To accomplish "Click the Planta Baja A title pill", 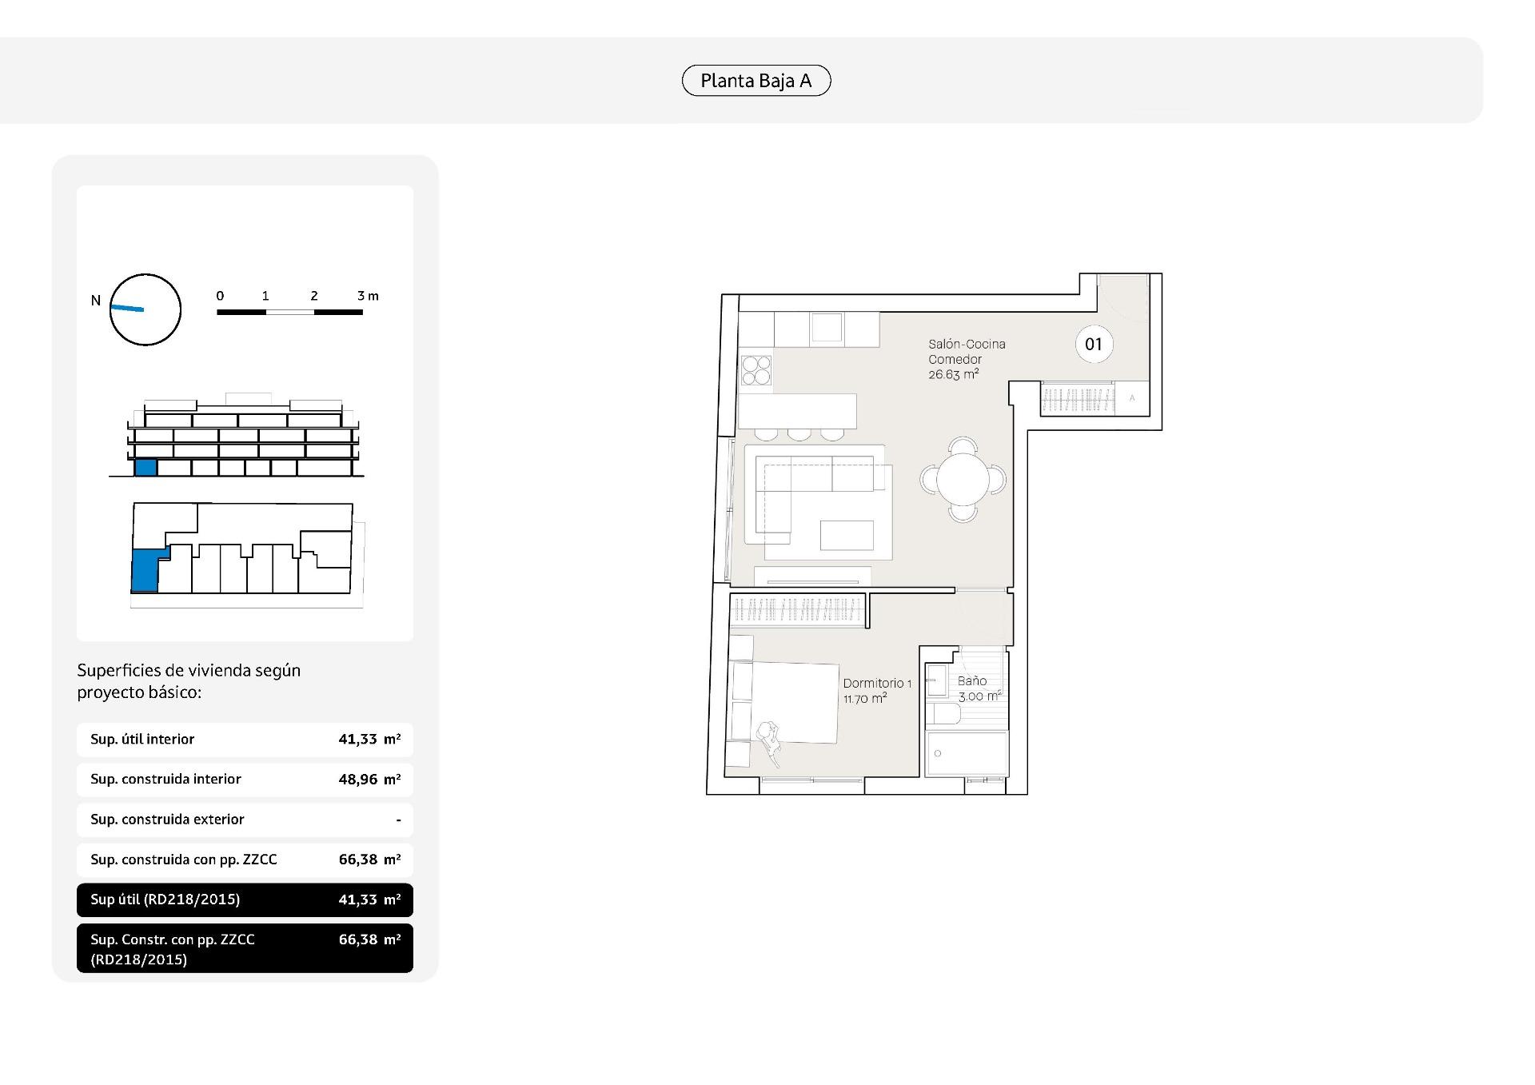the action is click(756, 81).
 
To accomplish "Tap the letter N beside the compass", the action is click(96, 301).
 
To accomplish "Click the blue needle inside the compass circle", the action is click(127, 308).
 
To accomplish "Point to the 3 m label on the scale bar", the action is click(368, 296).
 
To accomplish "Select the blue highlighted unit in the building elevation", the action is click(145, 468).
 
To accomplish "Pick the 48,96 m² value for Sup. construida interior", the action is click(369, 780).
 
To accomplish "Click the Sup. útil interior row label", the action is click(142, 740).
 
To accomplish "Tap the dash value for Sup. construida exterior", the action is click(398, 820).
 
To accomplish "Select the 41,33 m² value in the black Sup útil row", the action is click(369, 900).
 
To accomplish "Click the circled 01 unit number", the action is click(1094, 345).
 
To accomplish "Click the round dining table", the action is click(963, 480).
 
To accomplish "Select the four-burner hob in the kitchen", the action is click(756, 370).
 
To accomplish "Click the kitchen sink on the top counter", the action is click(827, 327).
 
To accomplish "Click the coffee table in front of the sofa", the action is click(847, 535).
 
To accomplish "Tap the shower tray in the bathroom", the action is click(966, 752).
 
